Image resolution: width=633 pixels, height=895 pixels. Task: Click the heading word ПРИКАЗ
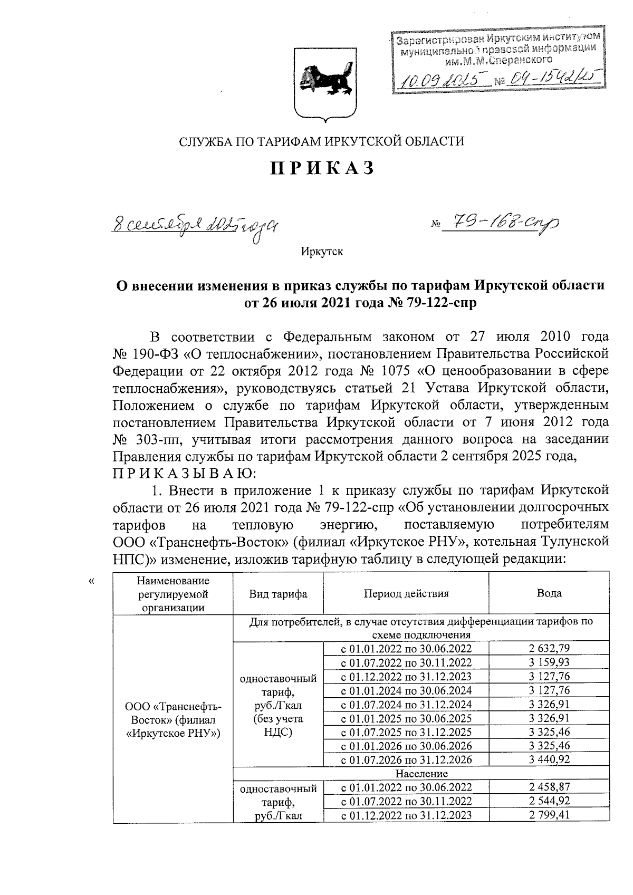click(x=322, y=168)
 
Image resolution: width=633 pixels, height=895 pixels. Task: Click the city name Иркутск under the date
click(x=322, y=252)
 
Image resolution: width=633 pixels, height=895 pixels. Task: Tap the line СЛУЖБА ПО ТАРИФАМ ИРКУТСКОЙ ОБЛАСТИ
click(x=322, y=141)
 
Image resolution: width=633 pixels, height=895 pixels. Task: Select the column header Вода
click(x=549, y=593)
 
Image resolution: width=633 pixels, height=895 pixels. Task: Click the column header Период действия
click(x=406, y=593)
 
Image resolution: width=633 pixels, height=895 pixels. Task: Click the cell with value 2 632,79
click(x=549, y=649)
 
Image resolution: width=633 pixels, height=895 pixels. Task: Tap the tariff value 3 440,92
click(x=549, y=760)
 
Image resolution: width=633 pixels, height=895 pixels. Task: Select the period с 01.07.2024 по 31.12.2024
click(x=406, y=704)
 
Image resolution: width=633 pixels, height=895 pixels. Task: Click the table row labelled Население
click(x=421, y=774)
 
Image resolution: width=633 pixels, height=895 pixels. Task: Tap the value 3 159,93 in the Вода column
click(x=549, y=662)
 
